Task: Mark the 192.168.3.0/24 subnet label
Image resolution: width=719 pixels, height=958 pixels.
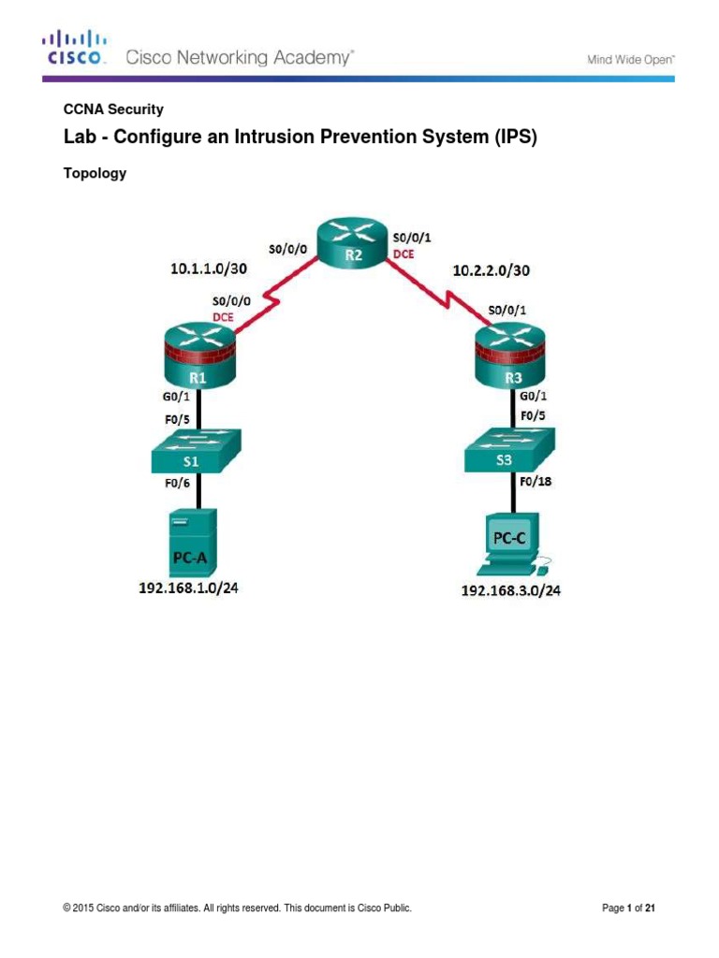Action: coord(510,590)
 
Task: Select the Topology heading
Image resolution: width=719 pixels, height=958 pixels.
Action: coord(94,173)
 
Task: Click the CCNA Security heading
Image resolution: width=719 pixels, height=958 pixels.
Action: coord(112,109)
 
